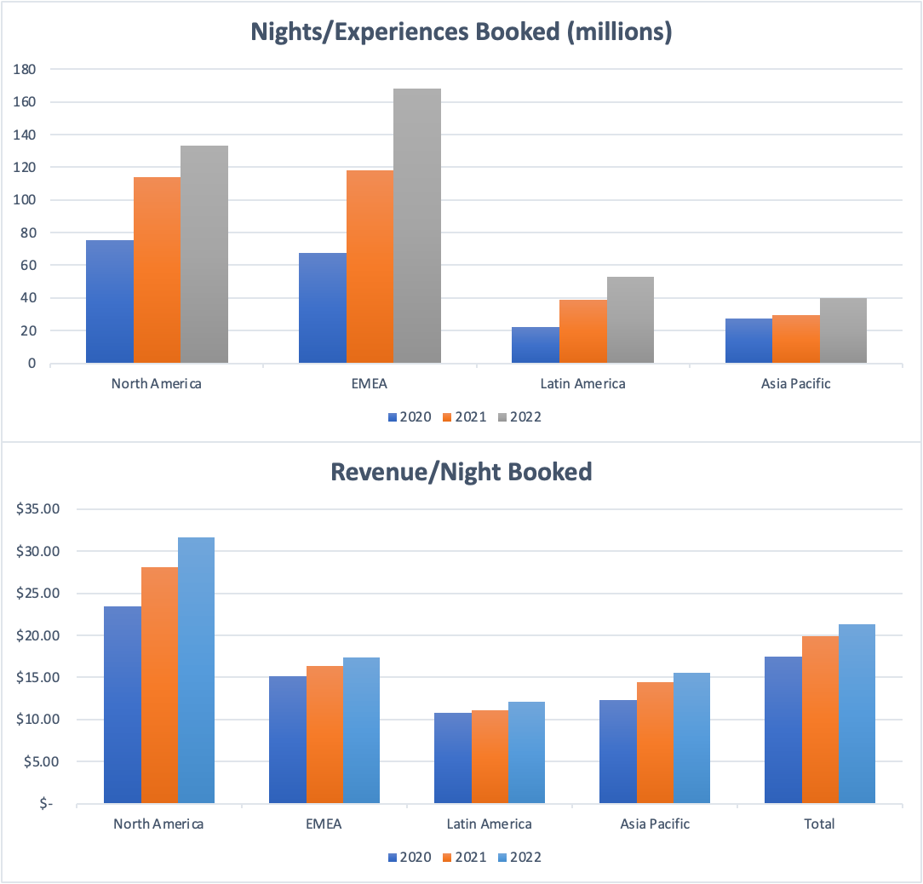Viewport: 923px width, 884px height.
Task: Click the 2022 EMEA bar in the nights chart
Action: tap(417, 227)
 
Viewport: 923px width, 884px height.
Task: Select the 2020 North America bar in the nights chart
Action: tap(110, 302)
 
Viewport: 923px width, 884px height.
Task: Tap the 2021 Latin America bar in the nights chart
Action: tap(583, 332)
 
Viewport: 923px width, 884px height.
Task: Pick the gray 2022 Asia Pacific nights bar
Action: tap(843, 331)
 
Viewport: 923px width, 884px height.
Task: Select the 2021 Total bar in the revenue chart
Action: tap(820, 720)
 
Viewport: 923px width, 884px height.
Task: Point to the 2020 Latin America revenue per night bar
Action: tap(453, 758)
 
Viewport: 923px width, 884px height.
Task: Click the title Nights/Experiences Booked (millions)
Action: tap(461, 32)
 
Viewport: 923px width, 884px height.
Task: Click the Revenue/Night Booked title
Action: tap(461, 471)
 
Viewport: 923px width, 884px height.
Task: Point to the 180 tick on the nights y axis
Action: tap(25, 69)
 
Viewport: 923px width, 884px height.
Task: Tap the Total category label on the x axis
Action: tap(820, 824)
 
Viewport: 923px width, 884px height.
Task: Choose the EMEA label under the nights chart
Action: tap(370, 383)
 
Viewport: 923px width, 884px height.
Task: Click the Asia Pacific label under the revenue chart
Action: tap(655, 824)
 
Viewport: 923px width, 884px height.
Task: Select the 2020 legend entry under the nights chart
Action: tap(409, 417)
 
